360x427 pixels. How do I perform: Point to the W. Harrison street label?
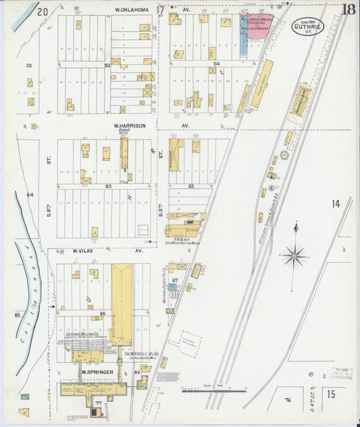[x=130, y=125]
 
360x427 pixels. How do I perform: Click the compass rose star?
[x=294, y=255]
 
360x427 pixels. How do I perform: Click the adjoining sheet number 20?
[x=43, y=11]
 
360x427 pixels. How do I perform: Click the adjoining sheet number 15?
[x=332, y=393]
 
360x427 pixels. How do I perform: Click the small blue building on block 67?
[x=172, y=287]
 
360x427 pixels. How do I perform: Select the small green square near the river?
[x=25, y=397]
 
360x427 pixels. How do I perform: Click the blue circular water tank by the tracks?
[x=284, y=155]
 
